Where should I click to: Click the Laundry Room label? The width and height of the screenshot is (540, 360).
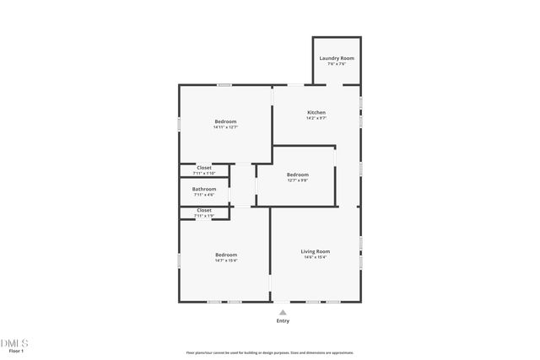[337, 58]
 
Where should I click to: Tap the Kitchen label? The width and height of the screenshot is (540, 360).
[316, 112]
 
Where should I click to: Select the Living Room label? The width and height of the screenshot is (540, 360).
[316, 251]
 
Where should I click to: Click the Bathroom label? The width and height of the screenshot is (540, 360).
[204, 189]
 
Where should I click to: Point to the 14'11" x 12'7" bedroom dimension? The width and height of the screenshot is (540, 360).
[225, 127]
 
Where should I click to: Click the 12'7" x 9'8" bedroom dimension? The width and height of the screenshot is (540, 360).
[298, 180]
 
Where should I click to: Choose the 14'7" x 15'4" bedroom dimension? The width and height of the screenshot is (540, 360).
[226, 261]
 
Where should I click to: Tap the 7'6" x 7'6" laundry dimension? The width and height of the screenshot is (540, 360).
[337, 64]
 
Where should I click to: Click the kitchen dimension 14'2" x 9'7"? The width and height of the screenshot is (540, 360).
[316, 118]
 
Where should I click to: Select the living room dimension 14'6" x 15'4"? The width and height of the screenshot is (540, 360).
[316, 257]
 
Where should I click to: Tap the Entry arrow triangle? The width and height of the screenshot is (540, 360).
[283, 312]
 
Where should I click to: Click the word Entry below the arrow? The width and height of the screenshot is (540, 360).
[283, 321]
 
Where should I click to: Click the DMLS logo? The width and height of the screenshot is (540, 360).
[14, 342]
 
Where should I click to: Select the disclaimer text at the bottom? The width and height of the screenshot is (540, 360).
[270, 352]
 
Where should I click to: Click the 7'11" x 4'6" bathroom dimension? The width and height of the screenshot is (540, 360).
[204, 195]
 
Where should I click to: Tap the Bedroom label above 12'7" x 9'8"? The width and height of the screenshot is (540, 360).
[298, 175]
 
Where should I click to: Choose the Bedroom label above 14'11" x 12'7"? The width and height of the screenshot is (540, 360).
[225, 121]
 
